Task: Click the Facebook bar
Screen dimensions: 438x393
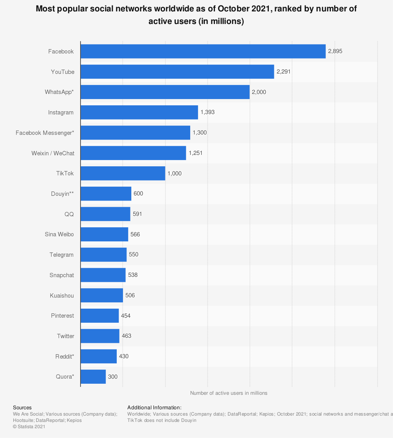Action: pos(203,52)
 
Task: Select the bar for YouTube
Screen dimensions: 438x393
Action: pos(177,72)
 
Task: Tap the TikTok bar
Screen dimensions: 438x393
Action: pos(123,173)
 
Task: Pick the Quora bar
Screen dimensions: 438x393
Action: pos(93,377)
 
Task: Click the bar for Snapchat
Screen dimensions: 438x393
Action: pos(103,275)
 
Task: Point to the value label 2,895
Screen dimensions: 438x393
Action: pos(335,52)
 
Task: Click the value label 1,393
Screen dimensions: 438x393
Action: pos(208,112)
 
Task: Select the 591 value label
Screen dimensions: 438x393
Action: pos(137,214)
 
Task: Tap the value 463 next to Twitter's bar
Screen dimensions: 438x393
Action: pos(127,336)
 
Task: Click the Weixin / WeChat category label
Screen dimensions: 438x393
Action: pos(53,153)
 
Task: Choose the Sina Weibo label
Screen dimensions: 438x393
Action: pos(59,235)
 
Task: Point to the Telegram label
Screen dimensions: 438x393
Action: pos(61,255)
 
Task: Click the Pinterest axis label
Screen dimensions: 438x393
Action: pos(62,316)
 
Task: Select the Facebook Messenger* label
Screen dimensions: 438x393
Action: pos(45,133)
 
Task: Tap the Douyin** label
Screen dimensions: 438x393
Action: pos(62,194)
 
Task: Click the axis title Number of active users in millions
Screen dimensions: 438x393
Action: pos(229,393)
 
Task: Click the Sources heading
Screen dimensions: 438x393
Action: pos(22,408)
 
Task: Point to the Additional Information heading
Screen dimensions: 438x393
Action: pos(154,408)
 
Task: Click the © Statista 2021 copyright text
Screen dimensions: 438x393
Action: pos(29,427)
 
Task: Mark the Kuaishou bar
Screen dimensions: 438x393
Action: pos(102,295)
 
